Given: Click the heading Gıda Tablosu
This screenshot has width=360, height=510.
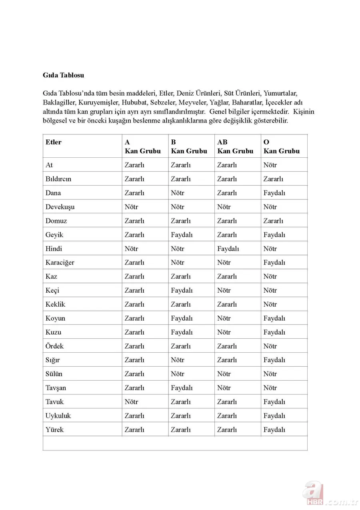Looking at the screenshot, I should pos(63,75).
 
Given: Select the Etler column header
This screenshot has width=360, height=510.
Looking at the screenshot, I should pos(54,142).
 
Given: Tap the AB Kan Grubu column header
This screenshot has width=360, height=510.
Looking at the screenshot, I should pos(235,147).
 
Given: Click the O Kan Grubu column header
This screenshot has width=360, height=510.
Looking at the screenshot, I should pos(281,147).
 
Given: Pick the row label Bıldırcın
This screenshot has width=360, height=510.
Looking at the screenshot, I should pos(58,179).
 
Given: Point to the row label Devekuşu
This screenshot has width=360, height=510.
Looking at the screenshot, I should pos(60,207).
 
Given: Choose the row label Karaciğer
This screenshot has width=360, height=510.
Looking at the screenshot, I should pos(60,263).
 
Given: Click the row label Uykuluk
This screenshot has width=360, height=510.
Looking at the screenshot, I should pos(58,416).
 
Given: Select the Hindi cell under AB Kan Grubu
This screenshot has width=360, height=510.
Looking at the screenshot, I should pos(228,249).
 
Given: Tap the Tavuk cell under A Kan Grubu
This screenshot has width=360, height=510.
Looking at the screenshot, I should pos(131,402).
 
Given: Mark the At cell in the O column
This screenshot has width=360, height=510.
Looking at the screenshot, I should pos(270,165).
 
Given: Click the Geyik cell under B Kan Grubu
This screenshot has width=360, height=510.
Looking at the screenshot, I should pos(182,235).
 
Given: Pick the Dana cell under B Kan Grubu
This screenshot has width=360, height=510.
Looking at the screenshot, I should pos(178,193).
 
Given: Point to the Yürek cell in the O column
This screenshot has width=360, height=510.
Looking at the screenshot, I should pos(274,430).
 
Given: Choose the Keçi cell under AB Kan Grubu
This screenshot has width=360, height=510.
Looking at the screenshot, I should pos(224,291).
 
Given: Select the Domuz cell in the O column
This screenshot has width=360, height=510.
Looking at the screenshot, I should pos(273,221).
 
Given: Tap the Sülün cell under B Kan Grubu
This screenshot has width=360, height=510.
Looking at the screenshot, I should pos(178,374).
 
